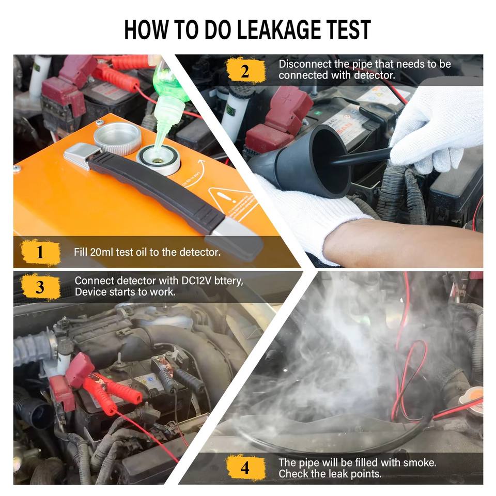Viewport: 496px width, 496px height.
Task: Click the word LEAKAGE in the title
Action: [278, 29]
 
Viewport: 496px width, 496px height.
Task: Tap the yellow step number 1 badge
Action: [40, 252]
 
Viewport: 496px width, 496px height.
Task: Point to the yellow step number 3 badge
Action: [40, 287]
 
